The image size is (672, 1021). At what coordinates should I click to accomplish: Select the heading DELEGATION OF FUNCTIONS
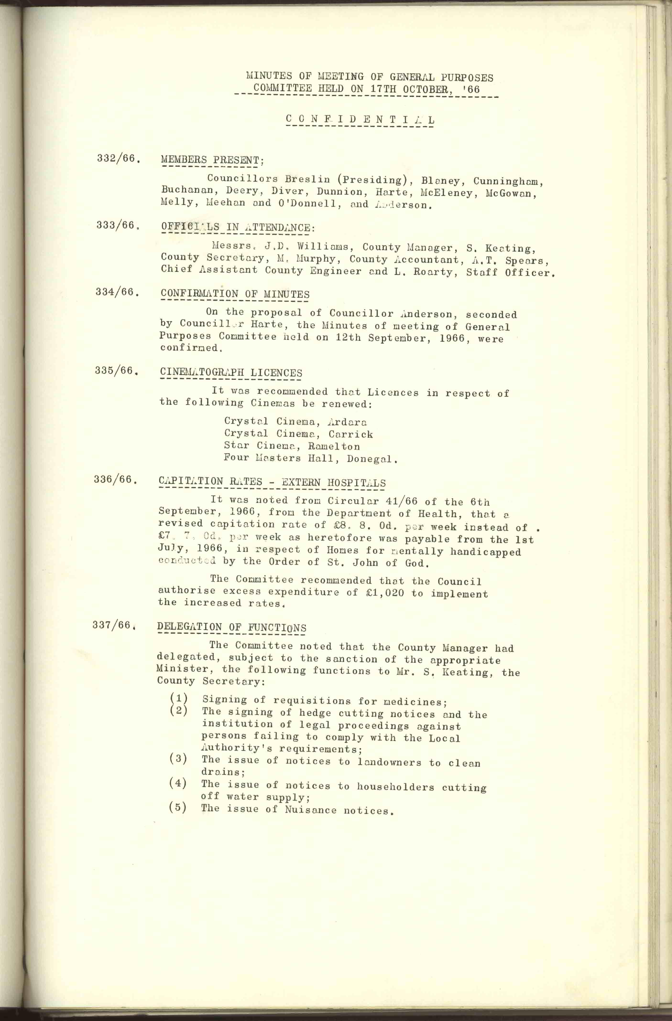pos(231,627)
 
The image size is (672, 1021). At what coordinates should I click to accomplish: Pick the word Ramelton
pos(334,446)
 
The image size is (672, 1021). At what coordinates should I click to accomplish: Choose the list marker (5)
pos(178,807)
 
